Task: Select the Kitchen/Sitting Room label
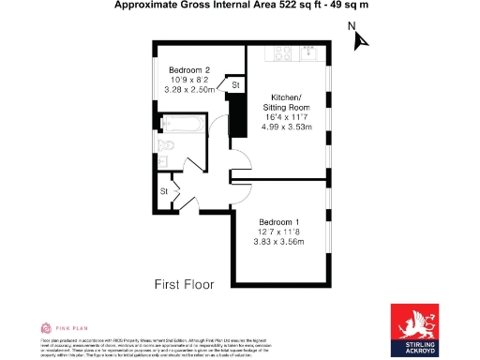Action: click(286, 103)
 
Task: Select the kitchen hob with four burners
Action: click(281, 52)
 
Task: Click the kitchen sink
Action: click(309, 52)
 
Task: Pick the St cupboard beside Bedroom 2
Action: click(235, 85)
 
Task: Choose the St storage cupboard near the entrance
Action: click(163, 191)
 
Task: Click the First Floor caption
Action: click(184, 283)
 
